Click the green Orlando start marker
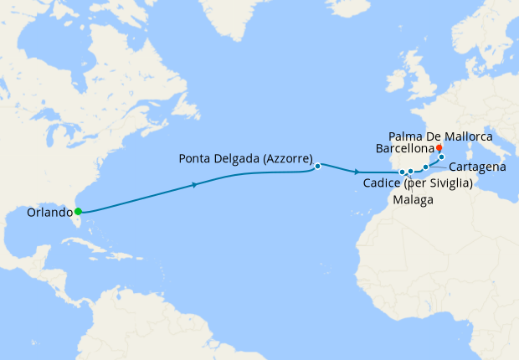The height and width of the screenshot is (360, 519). (78, 212)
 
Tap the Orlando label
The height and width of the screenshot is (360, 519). (39, 212)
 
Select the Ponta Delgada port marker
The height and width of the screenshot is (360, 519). (318, 166)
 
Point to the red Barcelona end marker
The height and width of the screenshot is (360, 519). (439, 147)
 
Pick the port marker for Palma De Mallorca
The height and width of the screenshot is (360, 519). (441, 157)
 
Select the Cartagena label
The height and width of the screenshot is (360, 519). (477, 167)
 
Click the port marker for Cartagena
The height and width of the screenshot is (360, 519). (425, 167)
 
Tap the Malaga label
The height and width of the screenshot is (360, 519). (413, 201)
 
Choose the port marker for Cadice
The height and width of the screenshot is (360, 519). (402, 172)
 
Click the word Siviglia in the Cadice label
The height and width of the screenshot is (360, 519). (446, 183)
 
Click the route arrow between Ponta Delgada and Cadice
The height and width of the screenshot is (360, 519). (357, 172)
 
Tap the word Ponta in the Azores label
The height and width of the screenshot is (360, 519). (198, 158)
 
